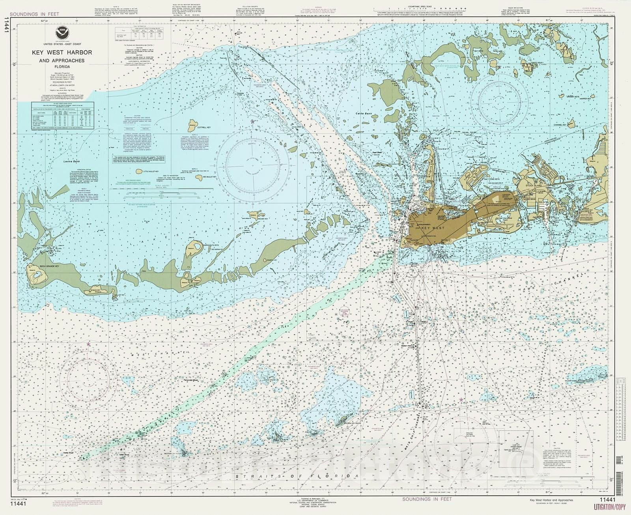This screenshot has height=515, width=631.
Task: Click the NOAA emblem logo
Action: pyautogui.click(x=62, y=34)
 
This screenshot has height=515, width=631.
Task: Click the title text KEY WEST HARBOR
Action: pyautogui.click(x=62, y=52)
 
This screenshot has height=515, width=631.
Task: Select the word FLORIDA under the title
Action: pyautogui.click(x=62, y=67)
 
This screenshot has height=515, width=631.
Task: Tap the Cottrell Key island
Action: pyautogui.click(x=192, y=125)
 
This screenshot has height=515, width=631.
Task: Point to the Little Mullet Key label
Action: pyautogui.click(x=151, y=172)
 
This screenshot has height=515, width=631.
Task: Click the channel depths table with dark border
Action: pyautogui.click(x=63, y=115)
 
